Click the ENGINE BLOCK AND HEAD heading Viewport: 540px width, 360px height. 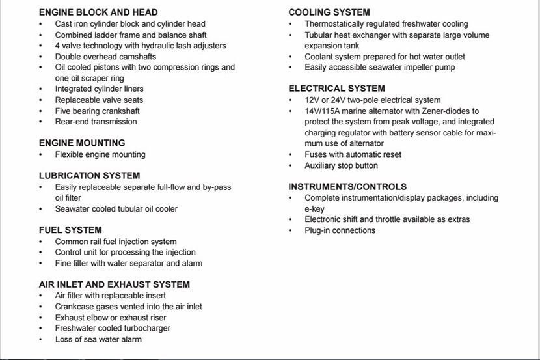[98, 12]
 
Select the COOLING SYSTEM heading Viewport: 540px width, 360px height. [329, 12]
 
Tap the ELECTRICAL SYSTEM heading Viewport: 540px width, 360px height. [336, 89]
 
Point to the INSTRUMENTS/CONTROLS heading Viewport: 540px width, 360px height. [347, 186]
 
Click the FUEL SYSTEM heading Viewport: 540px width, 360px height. [70, 230]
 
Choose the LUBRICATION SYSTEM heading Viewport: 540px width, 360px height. [89, 176]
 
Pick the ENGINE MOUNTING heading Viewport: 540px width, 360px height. [82, 143]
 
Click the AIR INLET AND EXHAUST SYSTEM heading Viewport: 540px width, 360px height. [115, 284]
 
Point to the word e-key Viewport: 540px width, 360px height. [314, 208]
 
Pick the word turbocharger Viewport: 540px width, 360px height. [145, 328]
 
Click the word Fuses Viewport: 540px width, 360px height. [316, 154]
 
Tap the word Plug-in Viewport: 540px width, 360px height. [318, 230]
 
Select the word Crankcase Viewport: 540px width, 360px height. [74, 307]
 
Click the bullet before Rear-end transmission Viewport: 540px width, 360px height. [41, 122]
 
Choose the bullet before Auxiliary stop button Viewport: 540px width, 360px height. [291, 165]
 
